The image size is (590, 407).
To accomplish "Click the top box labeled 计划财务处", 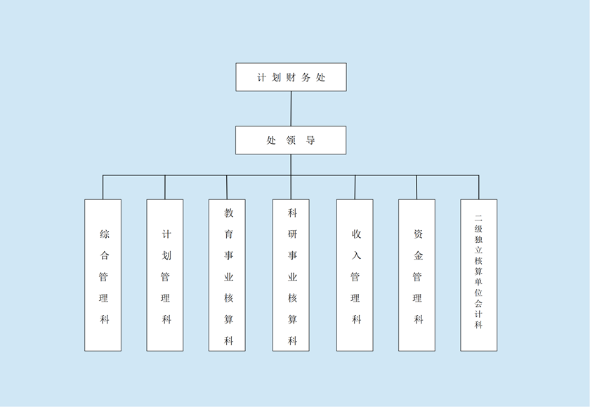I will point(291,77).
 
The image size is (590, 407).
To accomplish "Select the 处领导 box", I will point(291,140).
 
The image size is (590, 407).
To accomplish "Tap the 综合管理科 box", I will point(103,275).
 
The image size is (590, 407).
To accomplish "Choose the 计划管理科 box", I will point(165,275).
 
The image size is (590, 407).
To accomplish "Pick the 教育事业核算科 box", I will point(227,275).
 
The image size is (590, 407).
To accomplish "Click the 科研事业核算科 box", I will point(291,275).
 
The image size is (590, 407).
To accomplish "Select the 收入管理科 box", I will point(355,275).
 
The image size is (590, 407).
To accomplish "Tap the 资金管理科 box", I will point(417,275).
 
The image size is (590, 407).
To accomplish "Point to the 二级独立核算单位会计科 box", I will point(479,275).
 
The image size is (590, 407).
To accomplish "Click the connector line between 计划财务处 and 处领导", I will point(291,109).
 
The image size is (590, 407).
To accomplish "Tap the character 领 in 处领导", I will point(291,140).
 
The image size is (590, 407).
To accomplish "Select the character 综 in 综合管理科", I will point(104,234).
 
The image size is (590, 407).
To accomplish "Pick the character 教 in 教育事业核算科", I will point(228,212).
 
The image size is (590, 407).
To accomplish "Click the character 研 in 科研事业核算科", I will point(292,234).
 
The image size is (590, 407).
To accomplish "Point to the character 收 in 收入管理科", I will point(356,234).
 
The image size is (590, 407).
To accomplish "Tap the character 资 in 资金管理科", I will point(418,234).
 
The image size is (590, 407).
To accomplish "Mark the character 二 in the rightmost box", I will point(479,218).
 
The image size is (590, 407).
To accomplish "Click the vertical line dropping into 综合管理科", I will point(103,187).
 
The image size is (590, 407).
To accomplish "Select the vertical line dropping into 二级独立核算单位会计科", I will point(479,187).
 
